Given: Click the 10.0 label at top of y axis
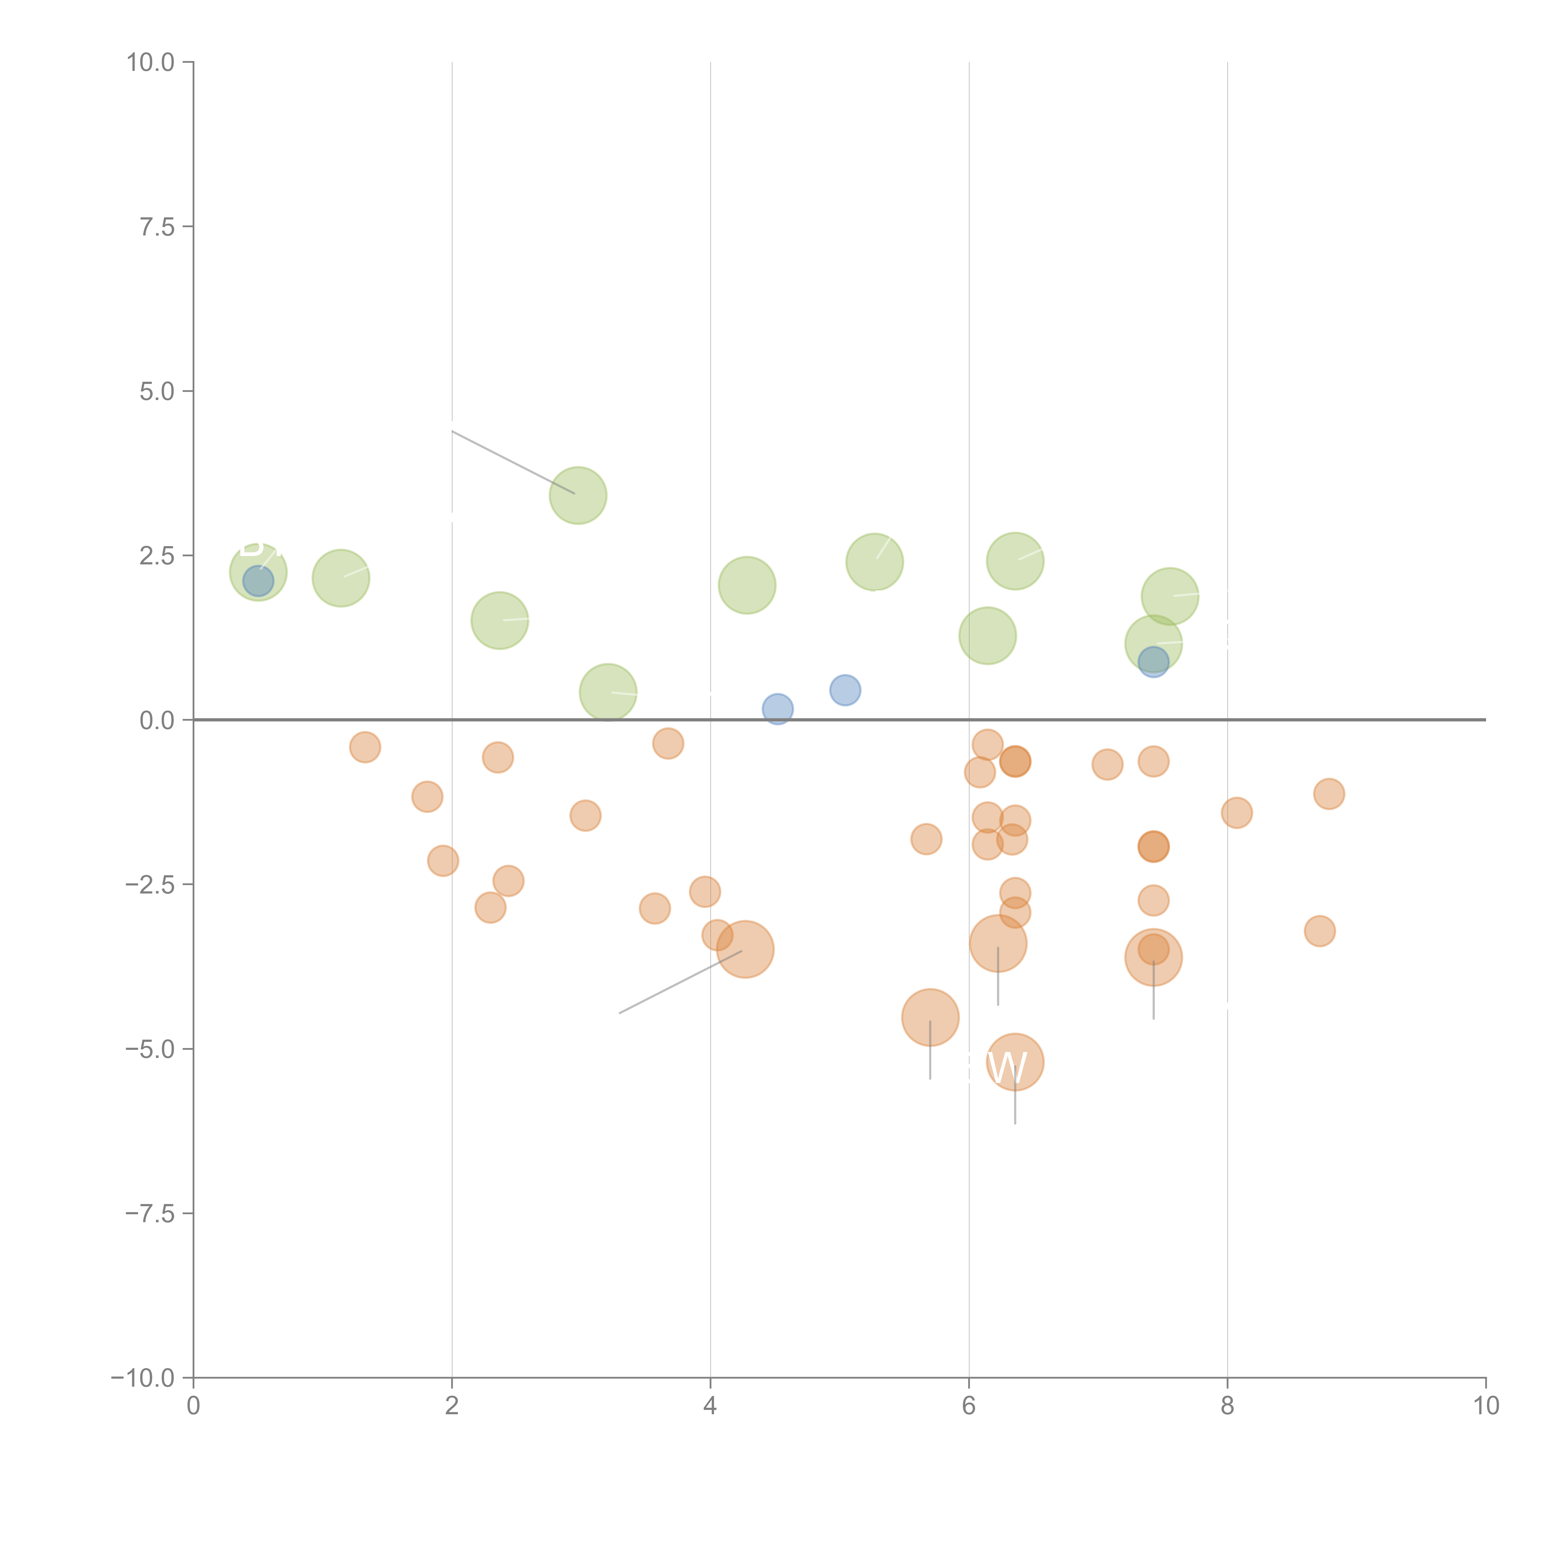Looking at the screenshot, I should [x=151, y=63].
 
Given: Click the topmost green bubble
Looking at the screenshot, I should [x=578, y=495].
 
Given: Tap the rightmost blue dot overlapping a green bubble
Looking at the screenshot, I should [x=1153, y=662].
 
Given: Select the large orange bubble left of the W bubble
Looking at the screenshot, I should [x=930, y=1018].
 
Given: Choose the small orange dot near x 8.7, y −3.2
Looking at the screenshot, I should [x=1320, y=931].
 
